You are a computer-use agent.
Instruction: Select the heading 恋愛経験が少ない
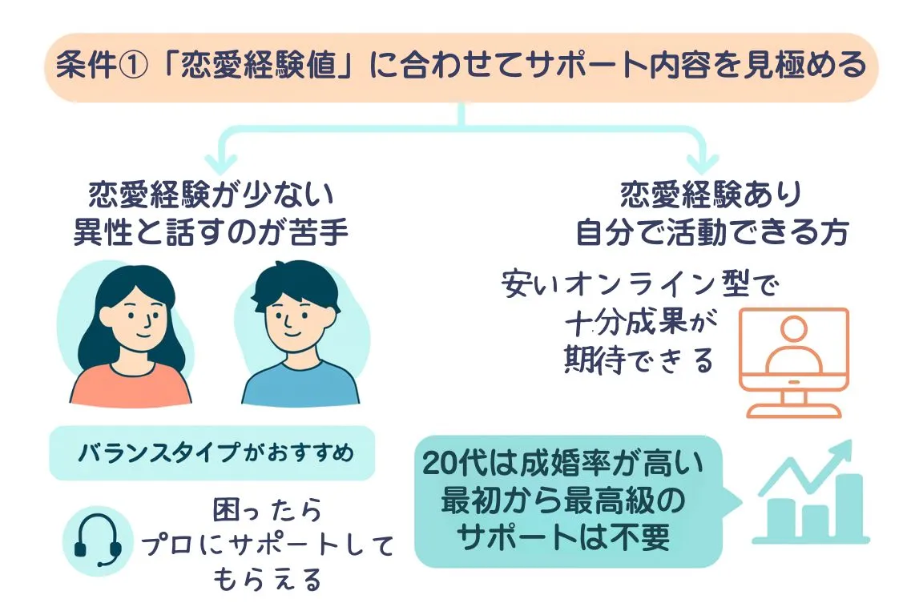(x=211, y=196)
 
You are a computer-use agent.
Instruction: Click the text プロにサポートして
(x=268, y=546)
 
